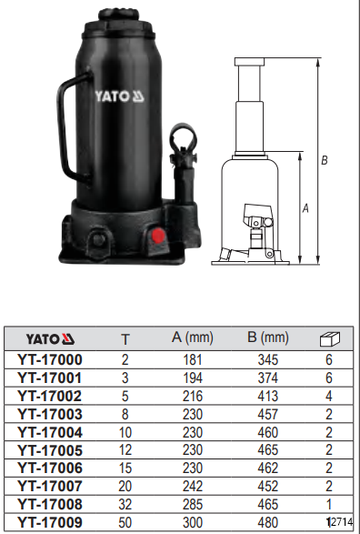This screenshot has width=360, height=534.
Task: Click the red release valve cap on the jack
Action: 157,236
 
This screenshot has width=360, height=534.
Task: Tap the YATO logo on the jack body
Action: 119,96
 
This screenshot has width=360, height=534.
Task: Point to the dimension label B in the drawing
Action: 325,160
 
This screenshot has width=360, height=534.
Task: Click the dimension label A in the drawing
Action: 305,207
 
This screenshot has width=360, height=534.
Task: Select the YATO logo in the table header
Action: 50,339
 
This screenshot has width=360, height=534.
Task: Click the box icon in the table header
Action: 330,338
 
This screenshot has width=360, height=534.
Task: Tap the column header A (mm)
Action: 192,338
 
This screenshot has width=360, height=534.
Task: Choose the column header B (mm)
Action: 268,338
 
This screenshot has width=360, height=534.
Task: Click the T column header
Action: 125,339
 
